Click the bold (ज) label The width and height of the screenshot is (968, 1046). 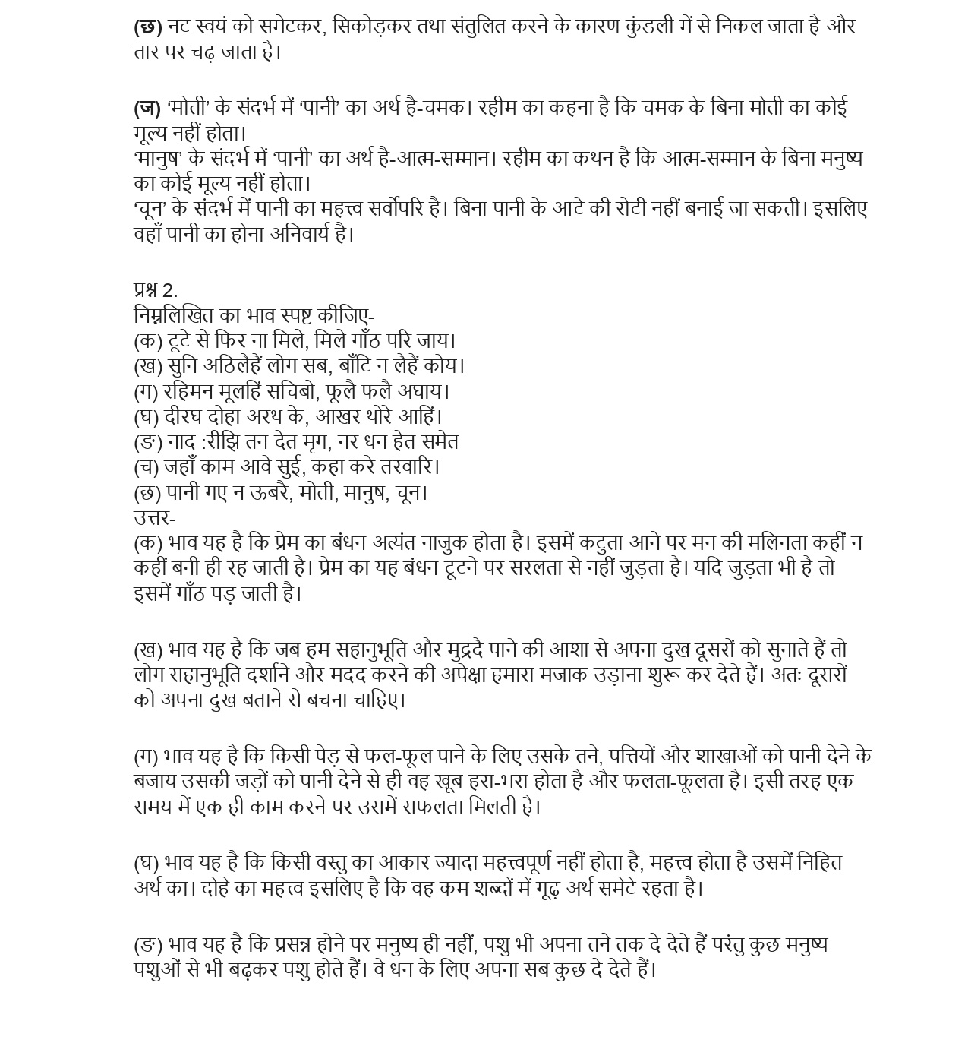click(x=147, y=109)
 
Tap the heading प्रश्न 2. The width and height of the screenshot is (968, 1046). click(x=155, y=290)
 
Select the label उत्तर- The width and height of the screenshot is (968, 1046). click(x=154, y=518)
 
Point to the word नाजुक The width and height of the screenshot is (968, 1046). click(x=447, y=543)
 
